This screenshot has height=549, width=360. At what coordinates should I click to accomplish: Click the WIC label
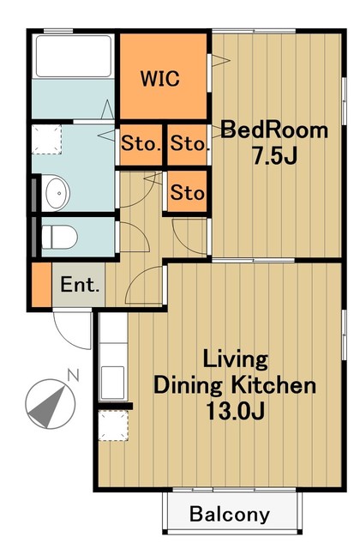click(x=160, y=78)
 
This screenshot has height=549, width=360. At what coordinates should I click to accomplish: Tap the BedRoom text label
click(x=274, y=130)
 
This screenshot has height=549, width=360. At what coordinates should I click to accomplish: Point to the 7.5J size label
click(x=274, y=155)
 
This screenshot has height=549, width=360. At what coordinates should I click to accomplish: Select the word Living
click(x=236, y=359)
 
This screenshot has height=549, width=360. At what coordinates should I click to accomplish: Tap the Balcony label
click(x=230, y=514)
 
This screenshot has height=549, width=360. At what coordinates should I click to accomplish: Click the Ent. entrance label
click(x=80, y=285)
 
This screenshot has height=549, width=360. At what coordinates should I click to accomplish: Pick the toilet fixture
click(x=59, y=237)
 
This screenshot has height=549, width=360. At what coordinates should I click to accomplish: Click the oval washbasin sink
click(x=57, y=193)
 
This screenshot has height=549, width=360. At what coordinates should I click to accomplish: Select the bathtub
click(x=74, y=56)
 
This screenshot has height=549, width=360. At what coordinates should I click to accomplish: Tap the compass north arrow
click(x=51, y=404)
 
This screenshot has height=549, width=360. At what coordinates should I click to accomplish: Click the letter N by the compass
click(x=73, y=375)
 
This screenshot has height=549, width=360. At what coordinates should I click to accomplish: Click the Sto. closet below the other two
click(x=187, y=191)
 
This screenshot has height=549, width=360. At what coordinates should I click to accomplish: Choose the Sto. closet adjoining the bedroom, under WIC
click(x=187, y=144)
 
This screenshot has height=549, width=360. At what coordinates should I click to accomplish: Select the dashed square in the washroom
click(x=46, y=139)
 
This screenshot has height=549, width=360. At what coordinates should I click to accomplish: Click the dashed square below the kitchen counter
click(x=113, y=425)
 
